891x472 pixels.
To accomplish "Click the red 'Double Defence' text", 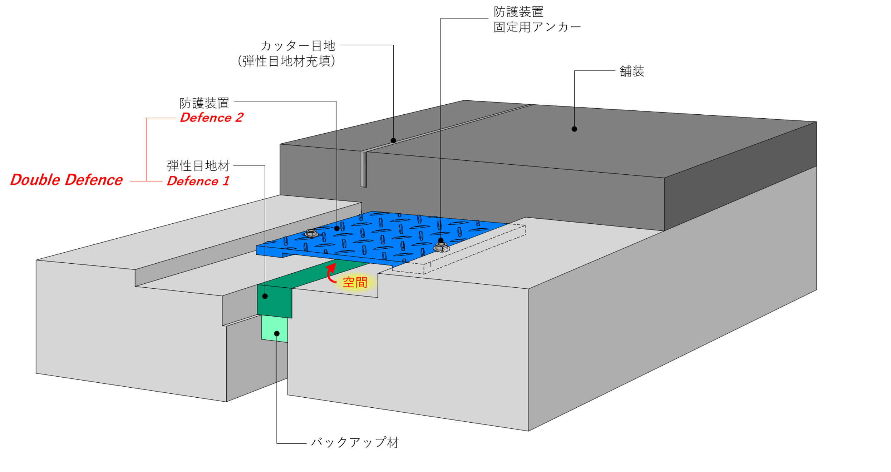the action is [67, 180].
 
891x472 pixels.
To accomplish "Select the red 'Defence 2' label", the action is [212, 118].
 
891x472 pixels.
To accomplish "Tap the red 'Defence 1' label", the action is [198, 181].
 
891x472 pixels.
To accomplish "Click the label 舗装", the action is [632, 71].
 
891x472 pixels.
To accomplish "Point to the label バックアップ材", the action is [355, 443].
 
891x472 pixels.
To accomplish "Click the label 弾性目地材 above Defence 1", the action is [198, 166].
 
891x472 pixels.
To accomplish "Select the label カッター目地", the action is [298, 46].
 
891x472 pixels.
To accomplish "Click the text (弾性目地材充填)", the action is [286, 61].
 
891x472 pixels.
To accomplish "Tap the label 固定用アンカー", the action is [537, 27].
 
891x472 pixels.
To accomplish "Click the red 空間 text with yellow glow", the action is [355, 283].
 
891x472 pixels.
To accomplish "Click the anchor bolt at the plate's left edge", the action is [311, 233].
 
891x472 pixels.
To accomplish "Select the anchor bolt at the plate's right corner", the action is [441, 247].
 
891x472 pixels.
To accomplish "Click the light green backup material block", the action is [275, 329].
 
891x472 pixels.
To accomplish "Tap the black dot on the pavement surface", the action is [574, 129].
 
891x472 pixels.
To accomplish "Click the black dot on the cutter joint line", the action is [393, 140].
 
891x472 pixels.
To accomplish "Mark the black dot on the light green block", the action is [277, 333].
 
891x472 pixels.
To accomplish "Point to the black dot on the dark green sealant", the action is [265, 296].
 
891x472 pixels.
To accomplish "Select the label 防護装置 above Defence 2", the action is [204, 103].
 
